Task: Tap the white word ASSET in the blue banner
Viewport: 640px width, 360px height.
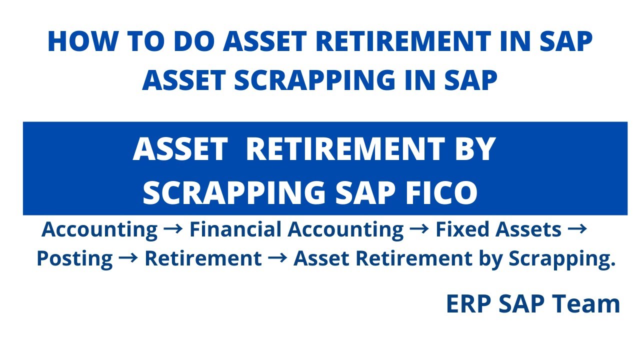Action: (x=179, y=149)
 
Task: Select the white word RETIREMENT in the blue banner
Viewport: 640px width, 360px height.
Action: (x=342, y=149)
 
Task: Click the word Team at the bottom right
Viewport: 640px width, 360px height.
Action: (x=590, y=304)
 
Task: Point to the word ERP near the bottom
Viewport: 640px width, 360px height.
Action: (x=469, y=304)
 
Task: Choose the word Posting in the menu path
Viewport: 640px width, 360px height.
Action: (x=74, y=259)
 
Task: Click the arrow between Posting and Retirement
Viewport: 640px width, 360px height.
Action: (x=128, y=258)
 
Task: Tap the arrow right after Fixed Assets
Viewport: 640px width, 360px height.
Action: (x=578, y=228)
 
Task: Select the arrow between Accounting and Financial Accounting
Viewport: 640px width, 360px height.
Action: (x=173, y=228)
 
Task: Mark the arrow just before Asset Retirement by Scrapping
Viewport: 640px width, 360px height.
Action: (x=277, y=258)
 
